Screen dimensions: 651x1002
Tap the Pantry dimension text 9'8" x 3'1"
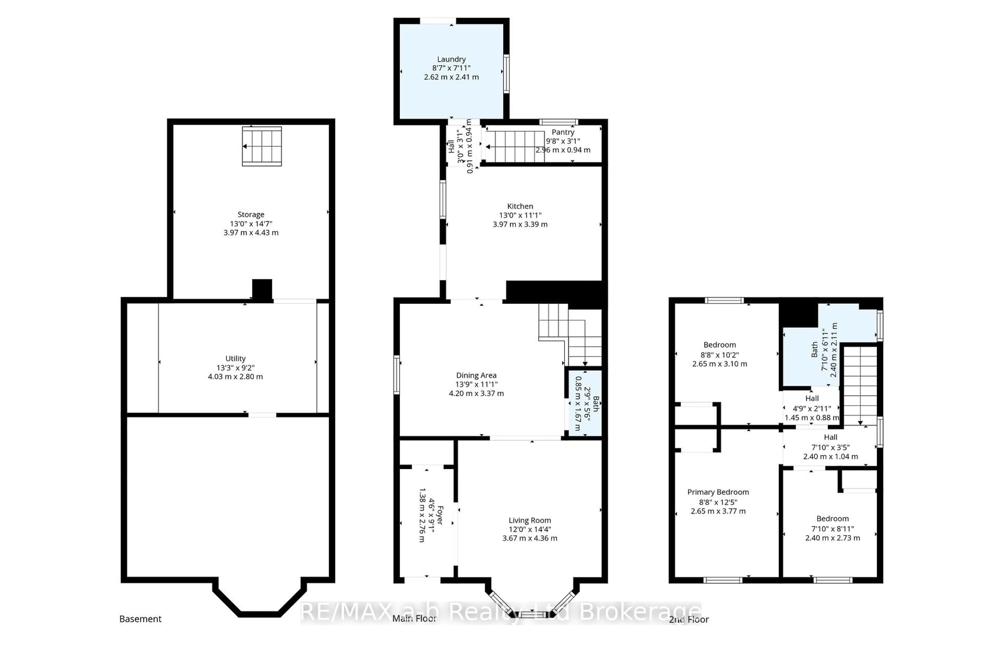pyautogui.click(x=563, y=141)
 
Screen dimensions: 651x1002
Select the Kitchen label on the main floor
pyautogui.click(x=520, y=206)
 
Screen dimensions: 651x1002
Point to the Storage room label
pyautogui.click(x=251, y=215)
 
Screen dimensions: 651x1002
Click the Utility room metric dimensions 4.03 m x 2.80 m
pyautogui.click(x=235, y=377)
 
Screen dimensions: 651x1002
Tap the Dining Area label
pyautogui.click(x=476, y=375)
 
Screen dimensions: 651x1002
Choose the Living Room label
pyautogui.click(x=530, y=521)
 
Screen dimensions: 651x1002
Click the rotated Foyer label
pyautogui.click(x=439, y=515)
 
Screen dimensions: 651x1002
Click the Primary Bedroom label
pyautogui.click(x=718, y=492)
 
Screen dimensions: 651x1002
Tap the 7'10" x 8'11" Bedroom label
pyautogui.click(x=832, y=519)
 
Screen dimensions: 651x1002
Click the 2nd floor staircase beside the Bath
pyautogui.click(x=860, y=385)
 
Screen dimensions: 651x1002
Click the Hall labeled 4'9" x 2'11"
pyautogui.click(x=812, y=399)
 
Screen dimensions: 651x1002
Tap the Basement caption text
pyautogui.click(x=140, y=619)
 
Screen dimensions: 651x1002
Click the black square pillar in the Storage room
pyautogui.click(x=262, y=290)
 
